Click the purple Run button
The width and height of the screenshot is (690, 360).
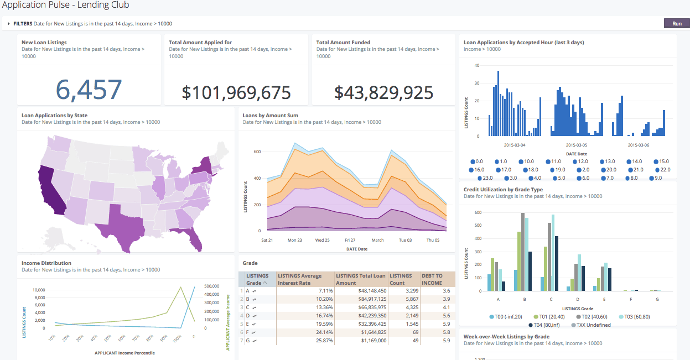677,24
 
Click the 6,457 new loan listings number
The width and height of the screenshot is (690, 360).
89,90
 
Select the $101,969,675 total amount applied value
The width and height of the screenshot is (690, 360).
236,93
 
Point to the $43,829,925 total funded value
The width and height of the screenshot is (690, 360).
383,93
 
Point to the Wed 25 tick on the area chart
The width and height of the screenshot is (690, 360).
323,241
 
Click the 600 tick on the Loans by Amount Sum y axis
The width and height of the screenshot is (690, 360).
257,152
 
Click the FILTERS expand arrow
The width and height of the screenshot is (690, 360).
9,24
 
